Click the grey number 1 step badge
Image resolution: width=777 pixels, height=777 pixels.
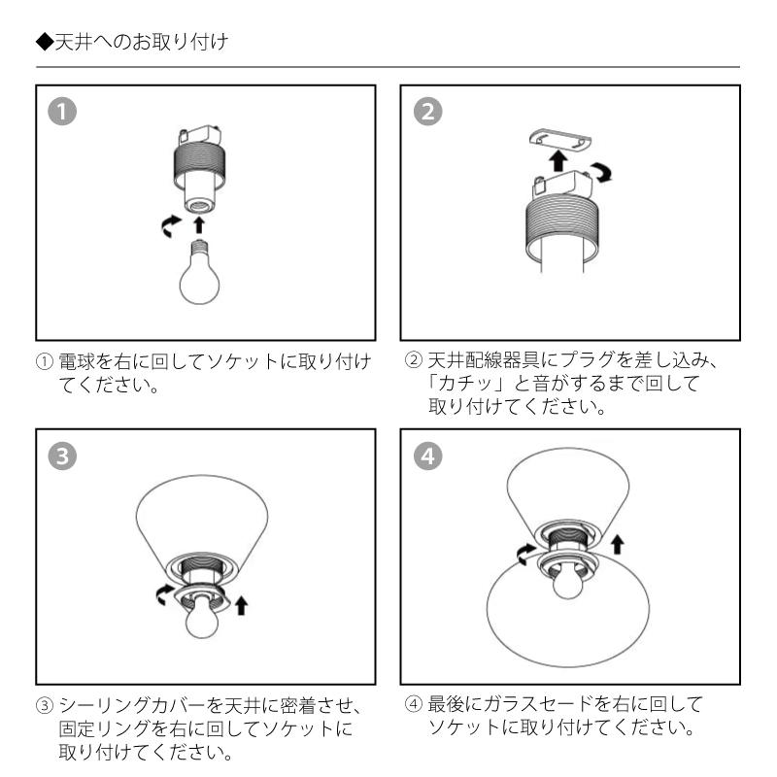[62, 112]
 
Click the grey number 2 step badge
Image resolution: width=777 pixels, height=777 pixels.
[427, 112]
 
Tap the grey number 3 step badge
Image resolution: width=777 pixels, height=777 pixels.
[62, 456]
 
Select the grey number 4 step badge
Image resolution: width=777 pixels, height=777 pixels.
[427, 456]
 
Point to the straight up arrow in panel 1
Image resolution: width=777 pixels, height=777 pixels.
[199, 224]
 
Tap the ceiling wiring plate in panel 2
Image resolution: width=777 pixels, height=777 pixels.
[560, 139]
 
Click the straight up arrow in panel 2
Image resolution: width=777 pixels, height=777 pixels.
[559, 161]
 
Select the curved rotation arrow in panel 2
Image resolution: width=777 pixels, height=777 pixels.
[603, 172]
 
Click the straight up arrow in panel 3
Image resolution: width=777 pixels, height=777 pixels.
[241, 605]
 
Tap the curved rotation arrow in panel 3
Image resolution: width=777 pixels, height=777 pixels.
[164, 594]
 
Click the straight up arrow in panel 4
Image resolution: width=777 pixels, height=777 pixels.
[617, 544]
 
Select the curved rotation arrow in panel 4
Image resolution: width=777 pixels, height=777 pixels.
[525, 554]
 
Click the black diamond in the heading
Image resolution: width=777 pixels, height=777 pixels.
[45, 42]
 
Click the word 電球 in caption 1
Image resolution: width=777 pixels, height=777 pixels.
[77, 361]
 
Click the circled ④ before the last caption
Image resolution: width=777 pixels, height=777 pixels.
[414, 704]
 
